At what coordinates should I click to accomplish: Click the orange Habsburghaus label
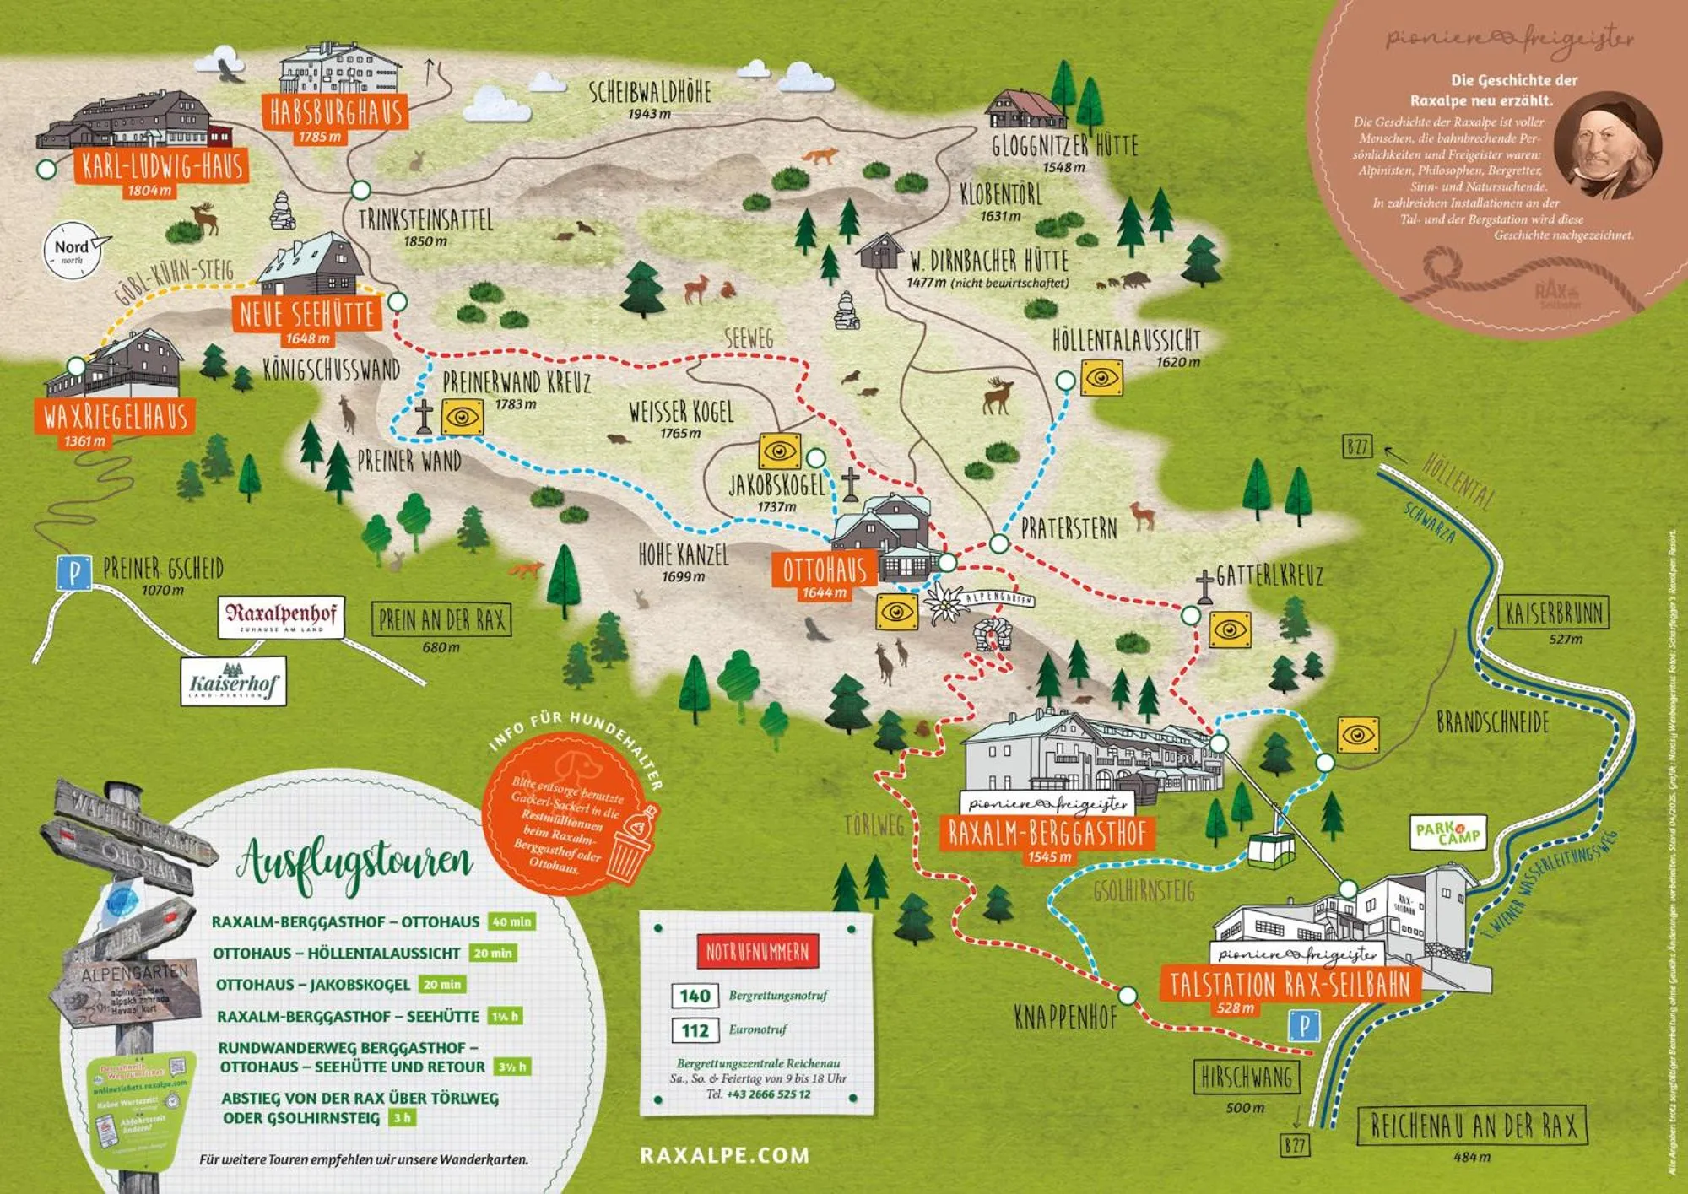click(x=335, y=112)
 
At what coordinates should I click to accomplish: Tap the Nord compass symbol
click(x=73, y=249)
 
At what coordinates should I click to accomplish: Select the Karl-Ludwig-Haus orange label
click(x=162, y=166)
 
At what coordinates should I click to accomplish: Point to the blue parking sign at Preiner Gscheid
click(x=74, y=573)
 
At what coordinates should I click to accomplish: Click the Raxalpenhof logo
click(x=281, y=617)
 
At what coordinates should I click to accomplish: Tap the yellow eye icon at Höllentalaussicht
click(x=1102, y=377)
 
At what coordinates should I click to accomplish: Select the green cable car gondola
click(x=1271, y=848)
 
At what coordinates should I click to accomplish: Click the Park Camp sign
click(x=1449, y=833)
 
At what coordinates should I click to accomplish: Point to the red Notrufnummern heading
click(x=757, y=952)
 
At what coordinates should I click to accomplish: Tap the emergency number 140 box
click(x=695, y=996)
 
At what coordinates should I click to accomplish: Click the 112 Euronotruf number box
click(x=695, y=1030)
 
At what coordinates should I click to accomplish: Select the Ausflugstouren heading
click(x=355, y=863)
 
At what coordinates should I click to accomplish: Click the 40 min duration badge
click(x=512, y=921)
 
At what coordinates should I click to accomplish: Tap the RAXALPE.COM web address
click(x=724, y=1155)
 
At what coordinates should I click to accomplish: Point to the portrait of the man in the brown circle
click(x=1596, y=144)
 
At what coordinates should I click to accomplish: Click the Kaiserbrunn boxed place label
click(x=1553, y=613)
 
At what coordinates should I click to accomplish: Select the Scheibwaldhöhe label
click(x=650, y=92)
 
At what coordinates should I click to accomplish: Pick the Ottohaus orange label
click(x=825, y=570)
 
